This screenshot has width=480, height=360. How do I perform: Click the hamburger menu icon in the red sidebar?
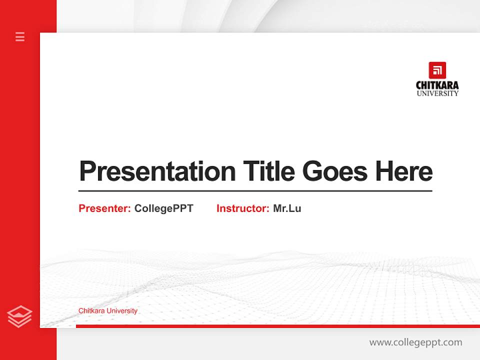tap(20, 36)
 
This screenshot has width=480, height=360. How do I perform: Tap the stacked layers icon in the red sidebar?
tap(19, 316)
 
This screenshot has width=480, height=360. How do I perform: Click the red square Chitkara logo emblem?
tap(437, 70)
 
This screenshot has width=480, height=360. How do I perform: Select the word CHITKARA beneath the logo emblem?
tap(437, 85)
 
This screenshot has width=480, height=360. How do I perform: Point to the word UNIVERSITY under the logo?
tap(437, 93)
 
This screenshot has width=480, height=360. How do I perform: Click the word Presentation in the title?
tap(157, 171)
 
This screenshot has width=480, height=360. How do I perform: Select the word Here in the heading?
tap(404, 171)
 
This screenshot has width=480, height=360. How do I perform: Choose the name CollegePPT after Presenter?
tap(163, 208)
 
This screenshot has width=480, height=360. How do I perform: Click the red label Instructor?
tap(243, 208)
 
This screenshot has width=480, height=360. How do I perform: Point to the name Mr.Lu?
tap(287, 208)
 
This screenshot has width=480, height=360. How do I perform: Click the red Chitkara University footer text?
tap(108, 311)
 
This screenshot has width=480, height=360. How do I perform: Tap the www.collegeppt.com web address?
tap(415, 342)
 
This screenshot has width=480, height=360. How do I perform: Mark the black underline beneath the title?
tap(255, 191)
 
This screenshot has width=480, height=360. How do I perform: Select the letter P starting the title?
tap(88, 171)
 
